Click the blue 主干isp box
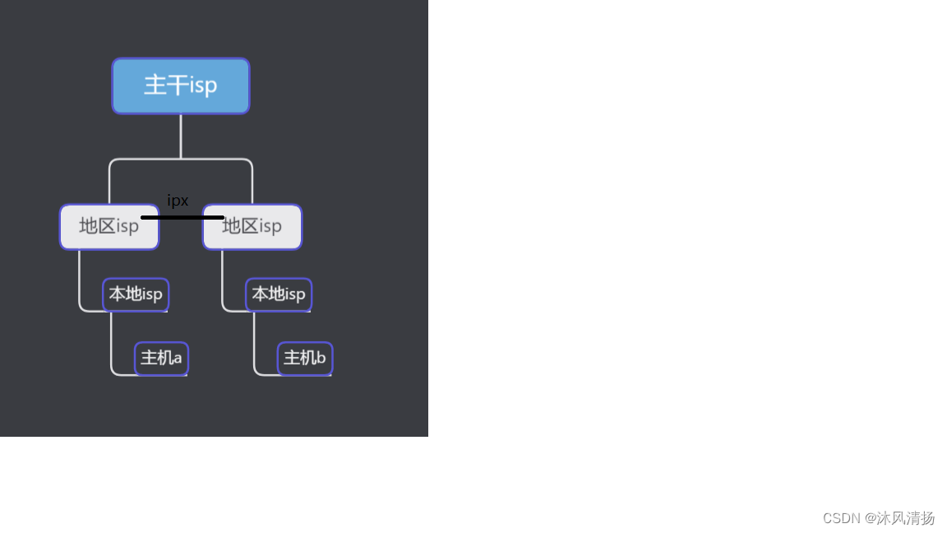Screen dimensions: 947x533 181,86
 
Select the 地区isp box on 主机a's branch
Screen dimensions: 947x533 109,227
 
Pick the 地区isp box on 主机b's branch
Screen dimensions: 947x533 252,227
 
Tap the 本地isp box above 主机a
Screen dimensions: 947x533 136,294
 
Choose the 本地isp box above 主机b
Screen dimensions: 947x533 279,294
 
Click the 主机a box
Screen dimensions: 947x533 161,359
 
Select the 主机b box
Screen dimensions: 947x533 304,359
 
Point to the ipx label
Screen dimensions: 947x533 178,201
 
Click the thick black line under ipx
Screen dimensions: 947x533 182,217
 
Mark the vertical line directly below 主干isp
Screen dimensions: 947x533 181,136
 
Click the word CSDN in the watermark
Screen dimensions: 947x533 841,518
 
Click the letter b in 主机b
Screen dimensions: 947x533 321,359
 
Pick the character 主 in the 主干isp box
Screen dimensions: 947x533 155,86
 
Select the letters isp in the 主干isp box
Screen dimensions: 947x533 204,86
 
